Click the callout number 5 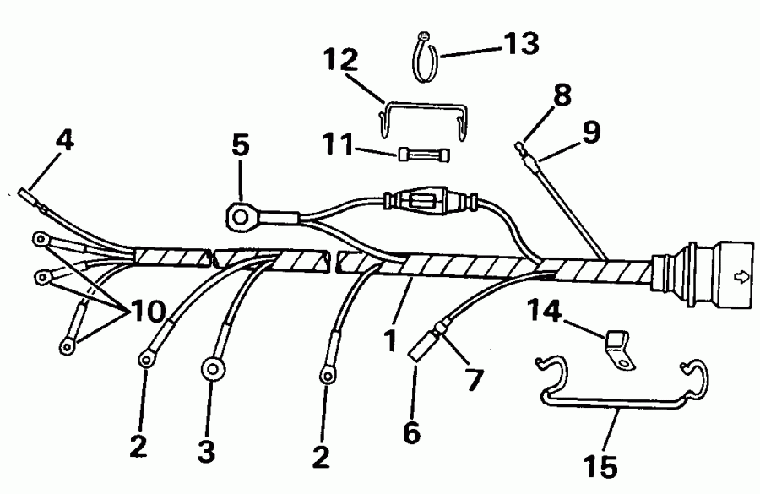click(x=240, y=146)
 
